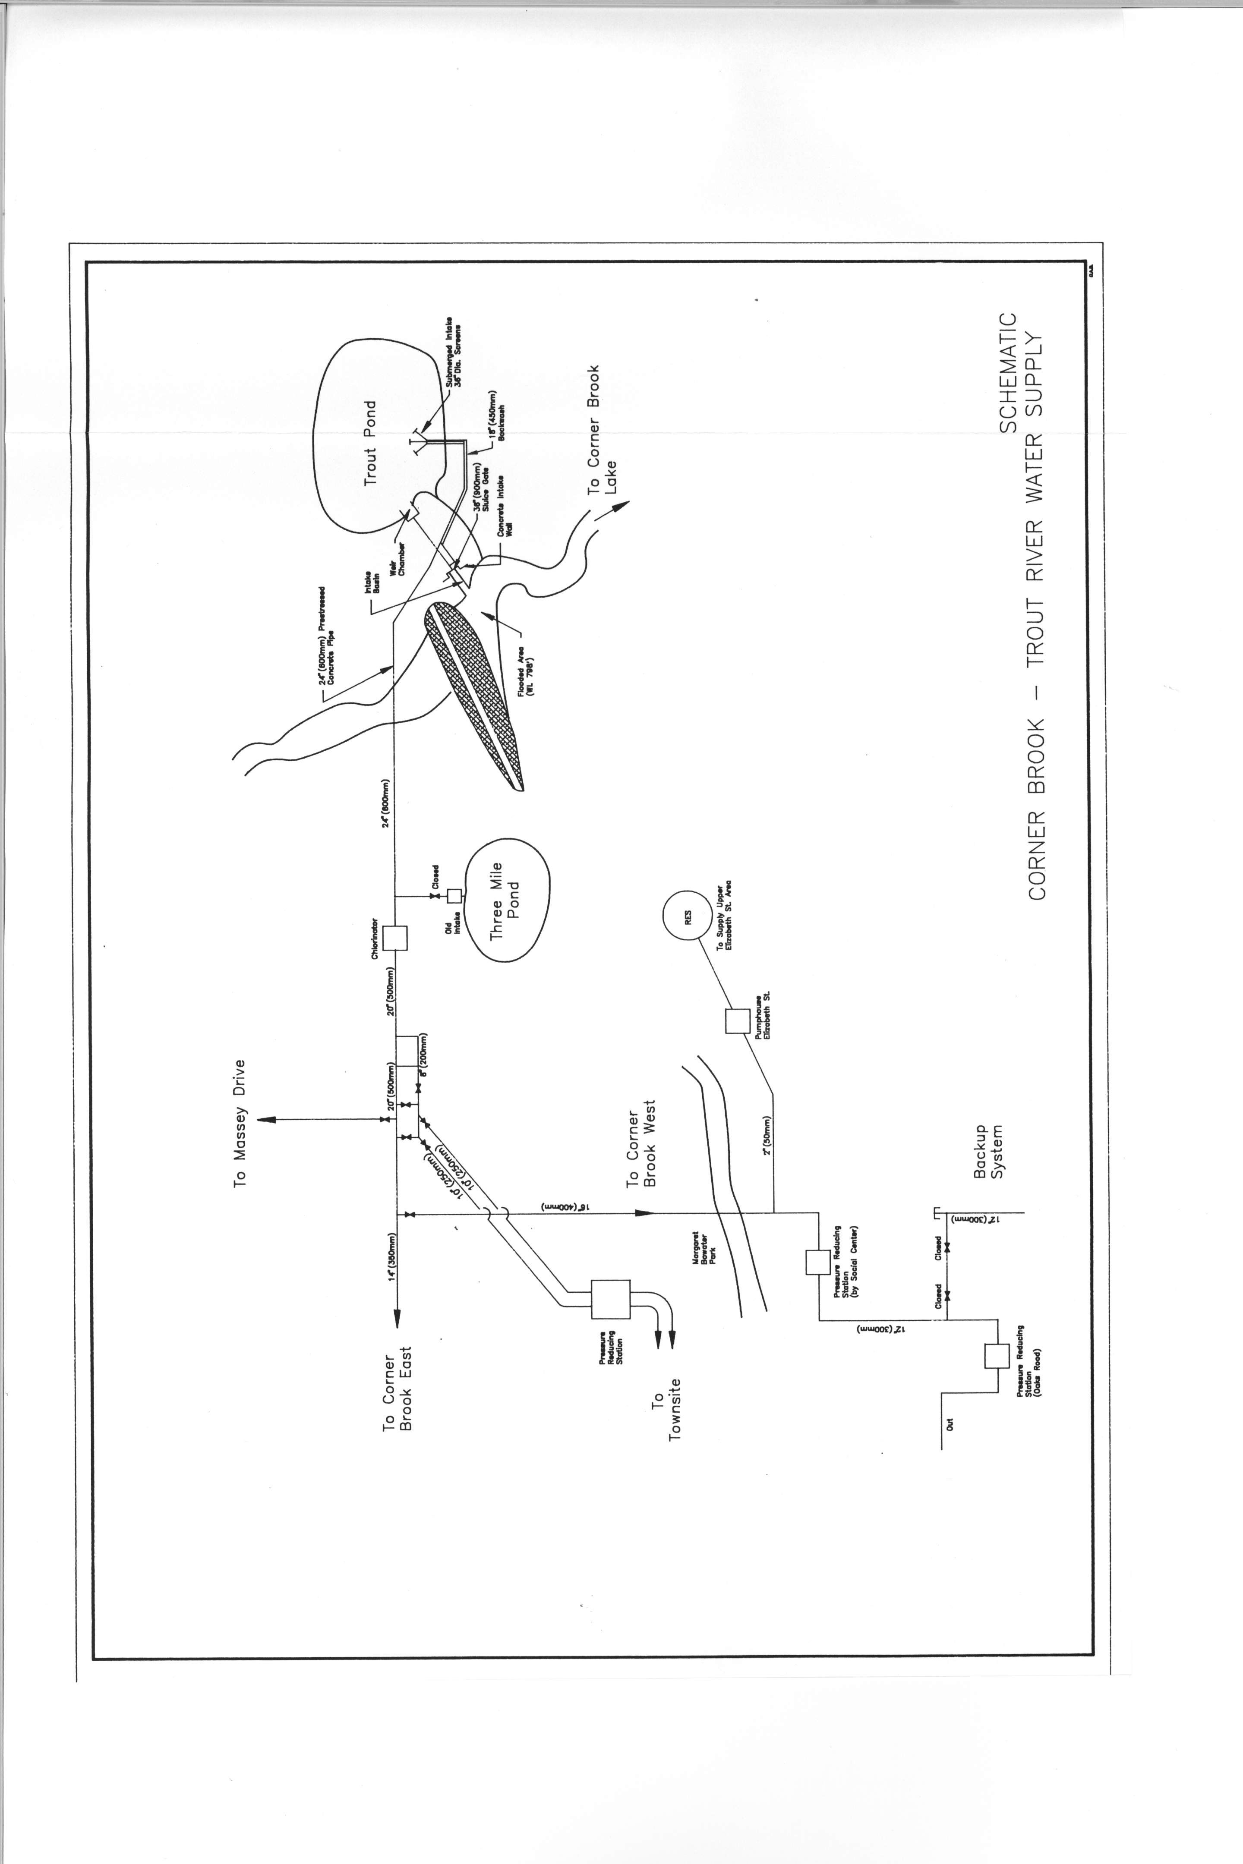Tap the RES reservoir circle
point(687,917)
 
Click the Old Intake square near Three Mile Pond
point(454,896)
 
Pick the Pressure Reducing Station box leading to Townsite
point(610,1300)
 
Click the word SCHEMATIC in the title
point(1007,372)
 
